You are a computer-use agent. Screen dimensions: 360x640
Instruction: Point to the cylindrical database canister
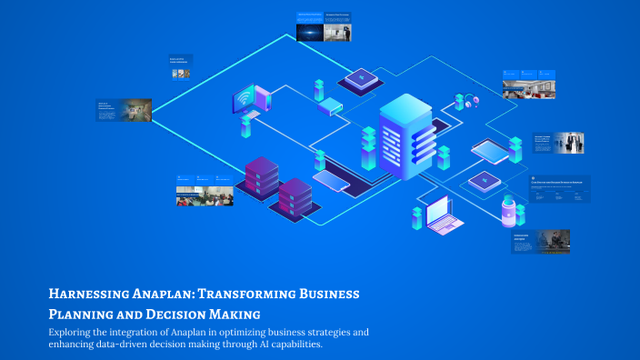pyautogui.click(x=508, y=212)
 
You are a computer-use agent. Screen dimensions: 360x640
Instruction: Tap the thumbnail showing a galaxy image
pyautogui.click(x=310, y=31)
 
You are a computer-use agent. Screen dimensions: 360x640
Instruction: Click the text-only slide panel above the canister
pyautogui.click(x=560, y=189)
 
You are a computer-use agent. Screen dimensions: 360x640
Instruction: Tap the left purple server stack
pyautogui.click(x=262, y=177)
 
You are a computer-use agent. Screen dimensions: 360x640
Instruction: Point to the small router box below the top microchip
pyautogui.click(x=330, y=107)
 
